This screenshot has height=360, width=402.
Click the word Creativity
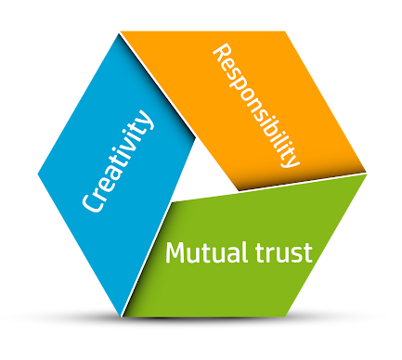tap(117, 163)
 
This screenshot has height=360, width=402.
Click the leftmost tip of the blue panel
tap(38, 174)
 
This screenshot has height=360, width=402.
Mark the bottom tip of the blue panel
tap(122, 315)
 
